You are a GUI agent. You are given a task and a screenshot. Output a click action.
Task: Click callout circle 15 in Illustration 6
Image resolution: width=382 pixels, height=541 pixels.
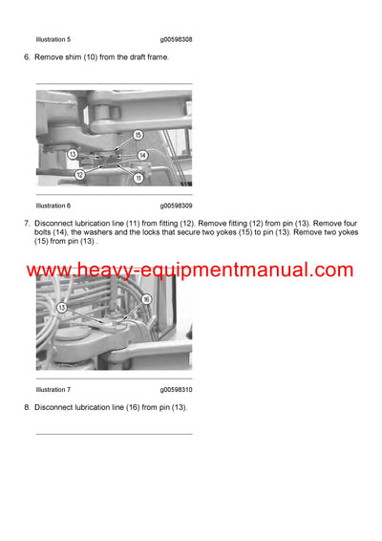[138, 135]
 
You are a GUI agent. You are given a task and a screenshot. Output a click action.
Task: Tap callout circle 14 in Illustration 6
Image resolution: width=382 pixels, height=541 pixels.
[142, 154]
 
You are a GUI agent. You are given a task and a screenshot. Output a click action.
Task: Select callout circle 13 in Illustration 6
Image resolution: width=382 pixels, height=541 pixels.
[73, 154]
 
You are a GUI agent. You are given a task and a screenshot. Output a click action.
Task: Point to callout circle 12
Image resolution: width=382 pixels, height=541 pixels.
[80, 174]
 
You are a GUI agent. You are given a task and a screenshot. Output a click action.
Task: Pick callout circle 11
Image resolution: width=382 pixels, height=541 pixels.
[138, 178]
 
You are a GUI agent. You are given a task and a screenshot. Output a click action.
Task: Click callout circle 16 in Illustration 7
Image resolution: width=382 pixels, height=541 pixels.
[145, 299]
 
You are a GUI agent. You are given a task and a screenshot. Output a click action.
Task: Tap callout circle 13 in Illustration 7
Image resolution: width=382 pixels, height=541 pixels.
[62, 308]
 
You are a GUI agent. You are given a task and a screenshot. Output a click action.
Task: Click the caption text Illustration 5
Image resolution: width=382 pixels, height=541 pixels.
[53, 39]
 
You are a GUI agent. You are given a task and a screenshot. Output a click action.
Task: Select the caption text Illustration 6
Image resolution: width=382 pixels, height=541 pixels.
[53, 206]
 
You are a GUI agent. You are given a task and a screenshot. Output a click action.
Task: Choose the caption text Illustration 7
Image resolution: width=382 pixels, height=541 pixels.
[53, 390]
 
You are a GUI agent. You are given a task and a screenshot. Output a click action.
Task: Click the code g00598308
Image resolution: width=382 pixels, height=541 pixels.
[177, 39]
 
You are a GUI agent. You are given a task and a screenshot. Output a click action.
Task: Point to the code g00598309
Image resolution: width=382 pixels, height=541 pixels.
[177, 206]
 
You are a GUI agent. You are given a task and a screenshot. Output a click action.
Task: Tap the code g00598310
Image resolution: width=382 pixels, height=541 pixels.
[177, 390]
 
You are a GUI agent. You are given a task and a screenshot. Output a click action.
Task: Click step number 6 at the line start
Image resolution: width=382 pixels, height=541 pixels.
[26, 58]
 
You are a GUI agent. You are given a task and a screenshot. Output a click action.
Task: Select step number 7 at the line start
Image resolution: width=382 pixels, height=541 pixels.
[26, 224]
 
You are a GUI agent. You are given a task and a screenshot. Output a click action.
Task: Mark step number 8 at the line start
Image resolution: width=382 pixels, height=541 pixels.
[26, 408]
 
